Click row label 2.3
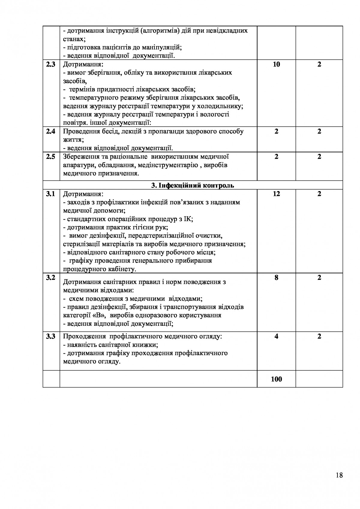(x=51, y=64)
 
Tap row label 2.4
(x=51, y=131)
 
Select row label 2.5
(x=51, y=157)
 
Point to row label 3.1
(x=51, y=194)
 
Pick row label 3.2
(x=51, y=278)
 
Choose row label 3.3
(x=51, y=337)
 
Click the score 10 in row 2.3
(x=276, y=64)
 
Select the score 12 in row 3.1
(x=276, y=194)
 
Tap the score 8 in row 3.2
(x=276, y=278)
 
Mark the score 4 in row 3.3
(x=276, y=337)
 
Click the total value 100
(x=276, y=379)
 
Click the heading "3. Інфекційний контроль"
(x=193, y=185)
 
